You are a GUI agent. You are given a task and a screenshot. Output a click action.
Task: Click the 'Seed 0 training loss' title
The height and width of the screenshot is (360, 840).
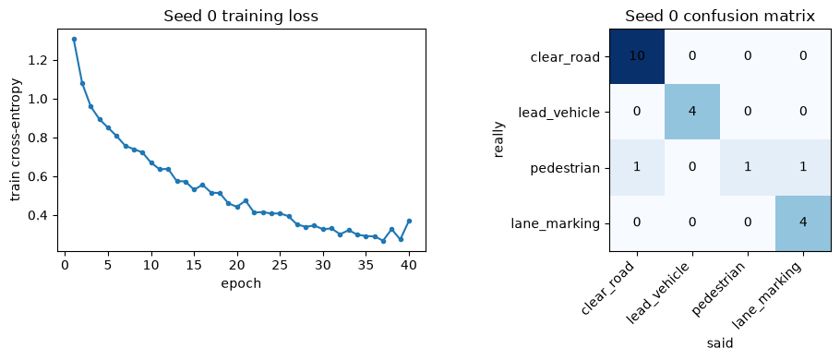pyautogui.click(x=241, y=17)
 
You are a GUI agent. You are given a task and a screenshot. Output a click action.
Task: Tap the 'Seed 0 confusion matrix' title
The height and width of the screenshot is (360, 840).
pyautogui.click(x=720, y=17)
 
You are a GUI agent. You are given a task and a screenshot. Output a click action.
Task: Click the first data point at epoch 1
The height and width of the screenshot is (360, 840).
pyautogui.click(x=74, y=39)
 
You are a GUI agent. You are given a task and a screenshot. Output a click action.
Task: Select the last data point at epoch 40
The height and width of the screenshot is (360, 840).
pyautogui.click(x=409, y=221)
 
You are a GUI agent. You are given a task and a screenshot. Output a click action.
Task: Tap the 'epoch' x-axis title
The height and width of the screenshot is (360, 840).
pyautogui.click(x=241, y=283)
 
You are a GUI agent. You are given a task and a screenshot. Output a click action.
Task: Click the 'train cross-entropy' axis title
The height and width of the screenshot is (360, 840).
pyautogui.click(x=16, y=140)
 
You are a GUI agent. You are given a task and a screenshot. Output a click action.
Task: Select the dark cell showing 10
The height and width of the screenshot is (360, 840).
pyautogui.click(x=637, y=56)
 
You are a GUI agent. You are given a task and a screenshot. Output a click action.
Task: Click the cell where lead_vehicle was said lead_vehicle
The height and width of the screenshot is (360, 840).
pyautogui.click(x=692, y=112)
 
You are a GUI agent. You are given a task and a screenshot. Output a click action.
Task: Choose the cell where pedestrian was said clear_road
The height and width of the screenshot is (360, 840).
pyautogui.click(x=637, y=168)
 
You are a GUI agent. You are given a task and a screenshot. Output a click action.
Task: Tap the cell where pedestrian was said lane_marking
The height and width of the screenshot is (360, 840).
pyautogui.click(x=803, y=168)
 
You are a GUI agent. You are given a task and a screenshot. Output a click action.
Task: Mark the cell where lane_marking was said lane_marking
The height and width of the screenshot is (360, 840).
pyautogui.click(x=803, y=222)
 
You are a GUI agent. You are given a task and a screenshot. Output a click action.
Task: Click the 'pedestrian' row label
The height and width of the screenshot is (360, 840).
pyautogui.click(x=565, y=168)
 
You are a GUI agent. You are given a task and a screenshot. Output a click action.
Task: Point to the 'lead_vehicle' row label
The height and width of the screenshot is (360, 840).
pyautogui.click(x=559, y=113)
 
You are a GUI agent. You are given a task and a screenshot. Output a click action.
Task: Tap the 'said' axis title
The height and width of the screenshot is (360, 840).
pyautogui.click(x=720, y=342)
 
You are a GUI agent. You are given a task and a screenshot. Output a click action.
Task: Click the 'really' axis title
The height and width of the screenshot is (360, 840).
pyautogui.click(x=499, y=139)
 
